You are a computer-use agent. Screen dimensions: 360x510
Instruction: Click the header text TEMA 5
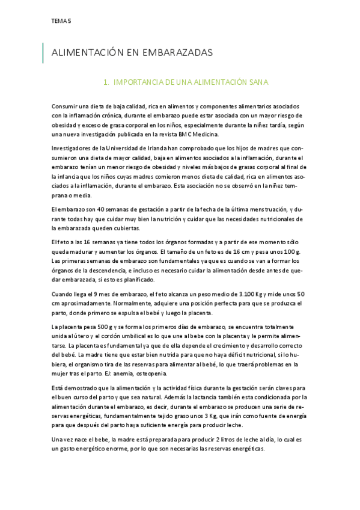coord(61,20)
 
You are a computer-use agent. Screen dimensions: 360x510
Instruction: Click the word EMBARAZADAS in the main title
coord(177,53)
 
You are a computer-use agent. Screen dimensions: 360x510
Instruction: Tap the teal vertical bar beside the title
coord(43,53)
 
